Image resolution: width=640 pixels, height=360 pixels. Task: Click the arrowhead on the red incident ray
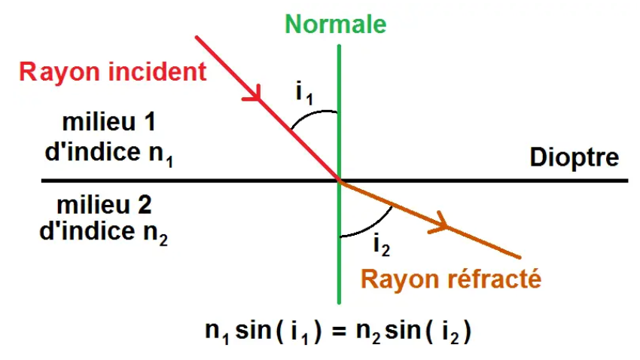(256, 96)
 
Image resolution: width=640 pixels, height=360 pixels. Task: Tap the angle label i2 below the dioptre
(381, 244)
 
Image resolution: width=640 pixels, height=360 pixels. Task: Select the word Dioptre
(574, 158)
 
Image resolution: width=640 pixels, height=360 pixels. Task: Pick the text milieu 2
(99, 206)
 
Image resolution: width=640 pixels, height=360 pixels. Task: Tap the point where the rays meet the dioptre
(340, 181)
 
